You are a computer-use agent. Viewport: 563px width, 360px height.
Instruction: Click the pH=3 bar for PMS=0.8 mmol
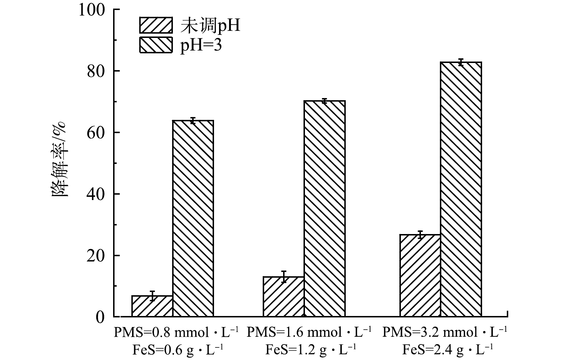(x=193, y=218)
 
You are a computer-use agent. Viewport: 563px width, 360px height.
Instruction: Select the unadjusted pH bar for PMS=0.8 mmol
(x=152, y=306)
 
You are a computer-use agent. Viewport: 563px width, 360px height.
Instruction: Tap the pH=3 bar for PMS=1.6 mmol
(x=324, y=209)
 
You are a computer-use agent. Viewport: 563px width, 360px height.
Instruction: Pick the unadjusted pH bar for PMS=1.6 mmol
(x=283, y=297)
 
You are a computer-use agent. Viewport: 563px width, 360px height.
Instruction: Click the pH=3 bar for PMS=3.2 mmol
(x=461, y=189)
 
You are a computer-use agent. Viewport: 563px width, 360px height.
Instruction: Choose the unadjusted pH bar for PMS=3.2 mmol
(x=420, y=276)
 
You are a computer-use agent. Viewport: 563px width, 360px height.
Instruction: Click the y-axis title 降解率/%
(x=59, y=159)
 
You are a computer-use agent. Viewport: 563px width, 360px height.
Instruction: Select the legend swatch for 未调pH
(x=156, y=25)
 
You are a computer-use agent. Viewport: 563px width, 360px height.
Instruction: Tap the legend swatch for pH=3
(x=156, y=45)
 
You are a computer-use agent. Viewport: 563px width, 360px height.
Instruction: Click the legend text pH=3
(x=201, y=45)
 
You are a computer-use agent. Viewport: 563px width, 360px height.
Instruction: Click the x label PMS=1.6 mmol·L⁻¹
(x=309, y=333)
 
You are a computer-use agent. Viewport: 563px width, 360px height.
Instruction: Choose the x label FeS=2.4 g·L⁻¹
(x=448, y=349)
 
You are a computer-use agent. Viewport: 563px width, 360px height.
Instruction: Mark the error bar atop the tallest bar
(x=461, y=62)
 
